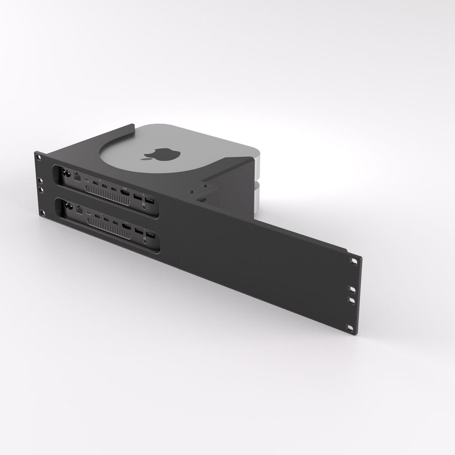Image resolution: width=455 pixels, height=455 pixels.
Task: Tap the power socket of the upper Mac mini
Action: point(65,173)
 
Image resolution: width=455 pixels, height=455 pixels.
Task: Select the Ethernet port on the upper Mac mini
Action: point(78,177)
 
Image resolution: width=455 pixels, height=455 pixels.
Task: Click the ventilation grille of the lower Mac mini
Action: point(108,230)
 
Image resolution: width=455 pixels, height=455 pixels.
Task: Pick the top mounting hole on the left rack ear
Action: point(39,157)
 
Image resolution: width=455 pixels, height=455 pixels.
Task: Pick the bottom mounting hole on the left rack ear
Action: point(42,212)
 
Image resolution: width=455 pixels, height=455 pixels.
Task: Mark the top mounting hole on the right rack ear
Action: point(354,262)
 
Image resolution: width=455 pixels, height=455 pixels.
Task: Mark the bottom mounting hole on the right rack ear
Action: point(349,327)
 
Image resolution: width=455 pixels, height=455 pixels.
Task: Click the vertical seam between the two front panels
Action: point(179,232)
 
